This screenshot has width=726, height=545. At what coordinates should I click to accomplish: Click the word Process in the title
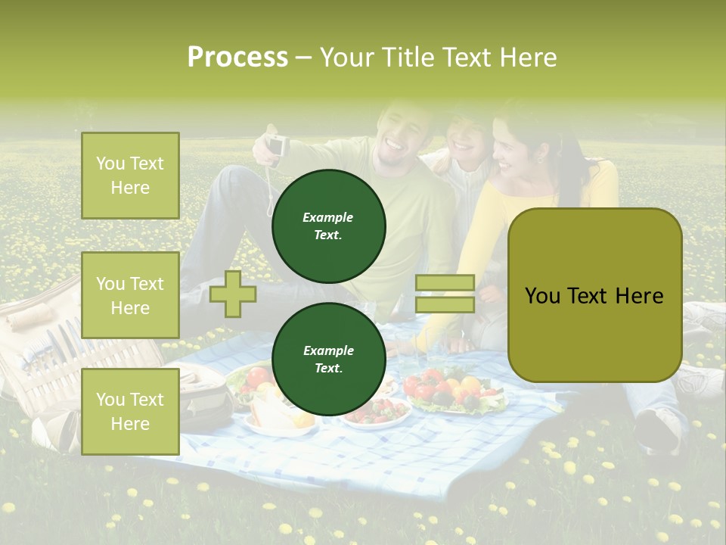pyautogui.click(x=237, y=57)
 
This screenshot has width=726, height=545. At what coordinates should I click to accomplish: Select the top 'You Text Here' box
pyautogui.click(x=130, y=176)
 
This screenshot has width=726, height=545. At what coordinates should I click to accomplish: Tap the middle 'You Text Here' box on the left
pyautogui.click(x=130, y=295)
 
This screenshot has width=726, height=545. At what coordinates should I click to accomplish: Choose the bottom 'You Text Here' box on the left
pyautogui.click(x=130, y=411)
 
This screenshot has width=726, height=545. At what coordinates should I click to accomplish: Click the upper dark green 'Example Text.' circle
pyautogui.click(x=328, y=226)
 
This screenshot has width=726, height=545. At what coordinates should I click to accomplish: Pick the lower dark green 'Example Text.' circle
pyautogui.click(x=328, y=360)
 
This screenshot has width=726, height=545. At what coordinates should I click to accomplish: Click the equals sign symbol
pyautogui.click(x=445, y=294)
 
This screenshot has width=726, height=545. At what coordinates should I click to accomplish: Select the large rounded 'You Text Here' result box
pyautogui.click(x=594, y=295)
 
